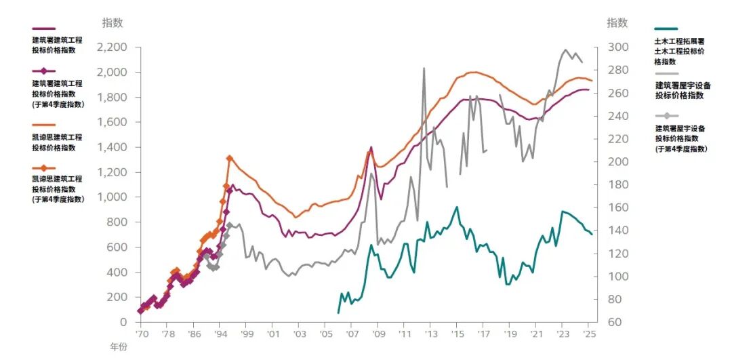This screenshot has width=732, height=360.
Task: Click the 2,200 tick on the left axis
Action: point(112,47)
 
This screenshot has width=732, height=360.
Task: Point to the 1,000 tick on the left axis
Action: point(112,197)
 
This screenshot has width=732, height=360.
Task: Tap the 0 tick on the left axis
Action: point(123,322)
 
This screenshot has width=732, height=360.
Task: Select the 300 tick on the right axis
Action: point(617,47)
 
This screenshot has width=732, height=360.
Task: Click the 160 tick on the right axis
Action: point(617,207)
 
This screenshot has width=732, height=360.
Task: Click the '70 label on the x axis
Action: point(142,334)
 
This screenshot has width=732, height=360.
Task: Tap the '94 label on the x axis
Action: point(220,334)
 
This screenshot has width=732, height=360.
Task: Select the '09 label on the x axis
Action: point(378,334)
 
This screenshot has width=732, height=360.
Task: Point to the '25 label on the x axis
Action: point(588,334)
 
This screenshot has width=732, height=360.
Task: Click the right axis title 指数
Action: point(617,23)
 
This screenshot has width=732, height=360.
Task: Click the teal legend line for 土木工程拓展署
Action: point(667,29)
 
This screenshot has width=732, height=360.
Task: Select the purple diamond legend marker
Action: point(43,71)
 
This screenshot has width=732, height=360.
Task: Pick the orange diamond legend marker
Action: point(43,167)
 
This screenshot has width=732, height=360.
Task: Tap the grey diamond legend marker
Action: point(666,116)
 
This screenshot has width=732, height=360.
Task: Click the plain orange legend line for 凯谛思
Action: point(43,125)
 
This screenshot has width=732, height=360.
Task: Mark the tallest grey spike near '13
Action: point(424,68)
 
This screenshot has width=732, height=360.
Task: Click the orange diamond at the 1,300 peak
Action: point(229,158)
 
